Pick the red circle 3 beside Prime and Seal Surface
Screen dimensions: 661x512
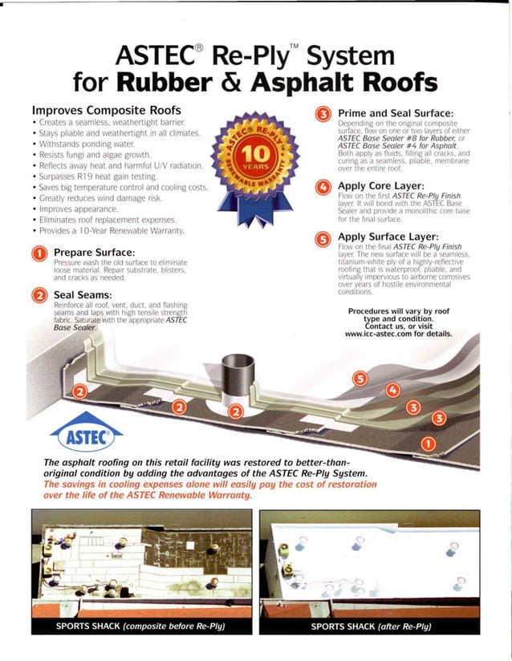(x=323, y=116)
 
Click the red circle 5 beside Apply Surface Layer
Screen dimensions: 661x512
(x=323, y=239)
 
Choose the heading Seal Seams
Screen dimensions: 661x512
(x=81, y=296)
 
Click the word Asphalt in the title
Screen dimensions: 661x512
(x=320, y=83)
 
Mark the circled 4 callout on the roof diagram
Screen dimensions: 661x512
(x=392, y=391)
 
